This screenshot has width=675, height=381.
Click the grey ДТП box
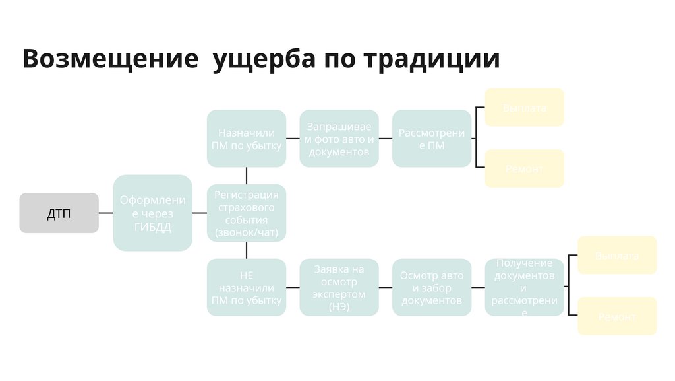tap(59, 213)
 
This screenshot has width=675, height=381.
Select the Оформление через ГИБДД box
tap(152, 213)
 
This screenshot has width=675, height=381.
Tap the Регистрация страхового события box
tap(246, 213)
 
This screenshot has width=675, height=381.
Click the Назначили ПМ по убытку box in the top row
tap(246, 138)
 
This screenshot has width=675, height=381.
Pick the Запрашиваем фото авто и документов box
tap(339, 138)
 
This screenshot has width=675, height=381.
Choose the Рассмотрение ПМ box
tap(432, 138)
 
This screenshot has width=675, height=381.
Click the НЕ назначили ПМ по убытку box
tap(246, 287)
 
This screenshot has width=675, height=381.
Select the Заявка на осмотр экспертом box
tap(339, 287)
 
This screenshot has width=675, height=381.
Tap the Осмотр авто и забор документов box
tap(432, 287)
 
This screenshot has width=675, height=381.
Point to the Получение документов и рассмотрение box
tap(524, 287)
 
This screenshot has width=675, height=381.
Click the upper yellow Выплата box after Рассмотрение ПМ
tap(524, 107)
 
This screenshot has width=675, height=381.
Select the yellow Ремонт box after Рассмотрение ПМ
tap(524, 168)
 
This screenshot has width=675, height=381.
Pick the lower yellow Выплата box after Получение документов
tap(617, 255)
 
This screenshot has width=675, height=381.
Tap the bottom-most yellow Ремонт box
tap(617, 316)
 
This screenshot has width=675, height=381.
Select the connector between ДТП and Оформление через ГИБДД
tap(105, 213)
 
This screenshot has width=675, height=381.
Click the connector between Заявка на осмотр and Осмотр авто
tap(386, 287)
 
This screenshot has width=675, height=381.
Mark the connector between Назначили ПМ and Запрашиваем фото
tap(293, 138)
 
